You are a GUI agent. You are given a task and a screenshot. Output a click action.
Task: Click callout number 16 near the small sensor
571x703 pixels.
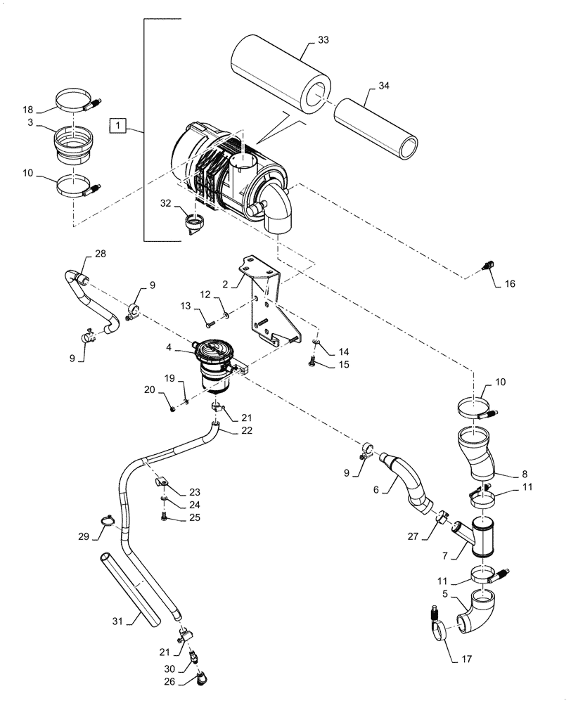point(510,283)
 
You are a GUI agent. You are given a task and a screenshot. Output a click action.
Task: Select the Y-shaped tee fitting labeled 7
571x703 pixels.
point(478,534)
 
